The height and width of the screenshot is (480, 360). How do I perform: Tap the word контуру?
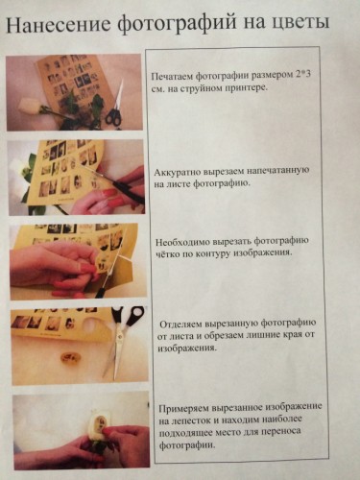[213, 254]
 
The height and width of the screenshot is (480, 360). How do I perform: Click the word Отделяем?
[180, 324]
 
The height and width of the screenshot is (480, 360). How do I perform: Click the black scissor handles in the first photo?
[113, 117]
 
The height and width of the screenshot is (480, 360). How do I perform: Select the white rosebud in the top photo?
[28, 106]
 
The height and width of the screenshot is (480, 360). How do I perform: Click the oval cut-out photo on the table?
[71, 357]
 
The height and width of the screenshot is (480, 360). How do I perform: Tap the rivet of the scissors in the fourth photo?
[120, 337]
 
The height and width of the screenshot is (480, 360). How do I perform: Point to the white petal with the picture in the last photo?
[100, 420]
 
